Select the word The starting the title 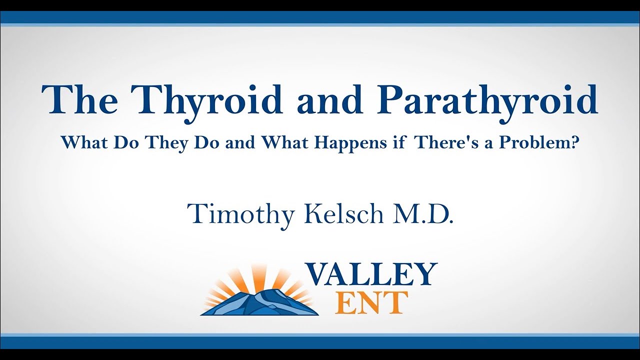[x=80, y=100]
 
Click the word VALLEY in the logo [x=371, y=273]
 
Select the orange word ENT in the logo [x=372, y=302]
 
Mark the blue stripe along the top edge [x=320, y=17]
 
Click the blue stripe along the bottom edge [x=320, y=343]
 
